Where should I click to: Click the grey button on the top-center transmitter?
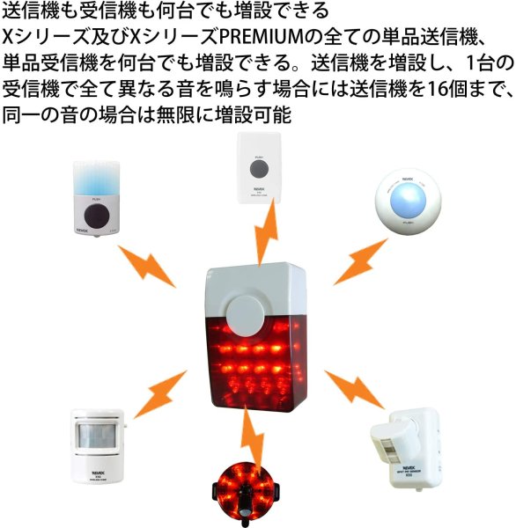259,168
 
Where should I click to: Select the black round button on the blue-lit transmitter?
95,217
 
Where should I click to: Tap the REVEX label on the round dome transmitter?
408,180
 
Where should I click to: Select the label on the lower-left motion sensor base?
96,472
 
